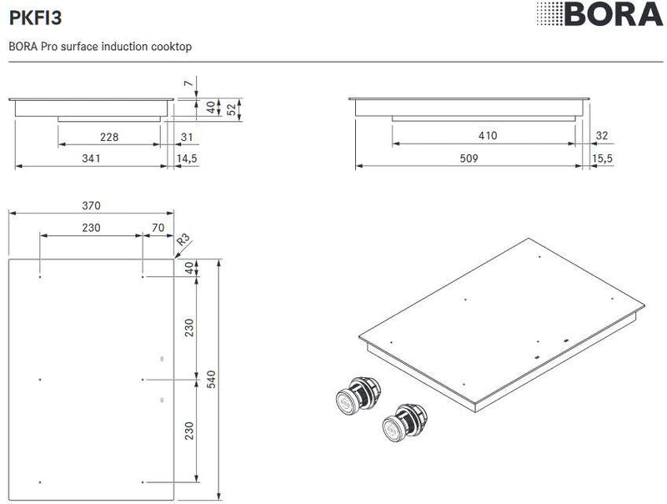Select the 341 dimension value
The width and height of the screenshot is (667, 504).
coord(92,158)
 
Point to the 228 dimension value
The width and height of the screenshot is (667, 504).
coord(108,137)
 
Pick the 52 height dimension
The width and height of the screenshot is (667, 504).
coord(232,109)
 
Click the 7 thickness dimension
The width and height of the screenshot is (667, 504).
coord(188,83)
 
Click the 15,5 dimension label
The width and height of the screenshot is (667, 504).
coord(602,158)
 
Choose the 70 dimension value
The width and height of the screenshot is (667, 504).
coord(158,227)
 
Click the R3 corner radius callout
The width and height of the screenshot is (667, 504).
coord(183,243)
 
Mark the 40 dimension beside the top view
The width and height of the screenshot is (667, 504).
coord(188,268)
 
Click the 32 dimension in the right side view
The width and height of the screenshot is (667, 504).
coord(602,136)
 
